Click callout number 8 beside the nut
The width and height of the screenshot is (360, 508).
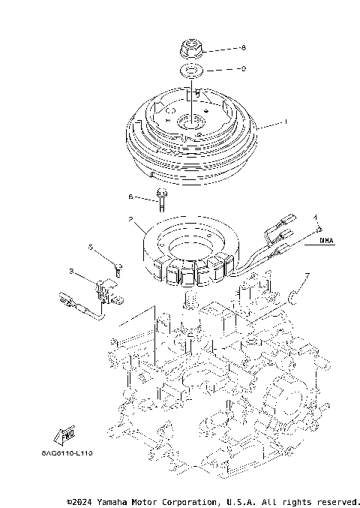coord(242,49)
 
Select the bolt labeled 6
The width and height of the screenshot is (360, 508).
coord(160,198)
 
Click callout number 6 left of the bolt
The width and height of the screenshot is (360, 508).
coord(130,197)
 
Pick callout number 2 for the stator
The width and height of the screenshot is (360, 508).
coord(130,221)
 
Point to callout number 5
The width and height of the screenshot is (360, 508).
coord(90,247)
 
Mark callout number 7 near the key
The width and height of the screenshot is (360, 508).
coord(307,276)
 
